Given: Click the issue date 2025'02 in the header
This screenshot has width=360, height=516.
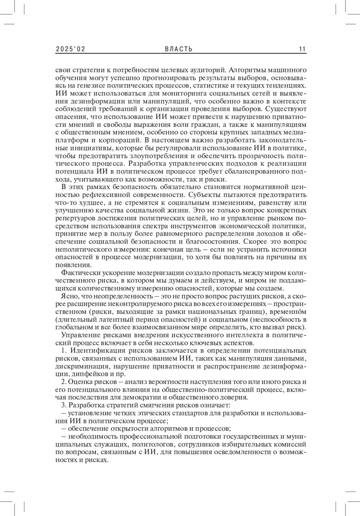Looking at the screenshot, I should (70, 49).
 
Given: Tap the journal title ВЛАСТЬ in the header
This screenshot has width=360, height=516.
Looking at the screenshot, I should (179, 49).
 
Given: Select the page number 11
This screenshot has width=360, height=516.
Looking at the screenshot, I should (302, 49).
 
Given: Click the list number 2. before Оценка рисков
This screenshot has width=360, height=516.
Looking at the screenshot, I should (64, 382).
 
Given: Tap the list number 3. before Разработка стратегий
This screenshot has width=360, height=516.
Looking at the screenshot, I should (64, 405).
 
